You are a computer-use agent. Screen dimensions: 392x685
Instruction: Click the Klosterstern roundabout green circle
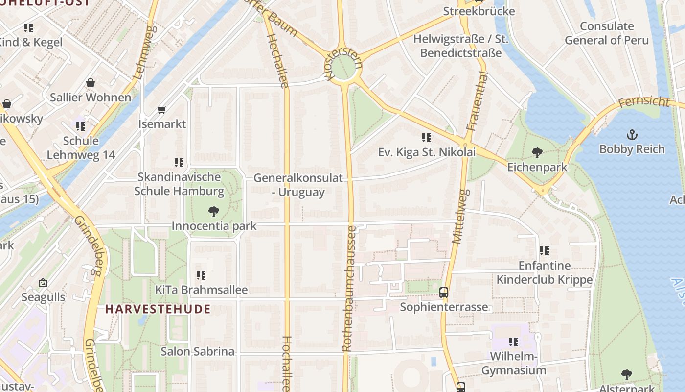(344, 68)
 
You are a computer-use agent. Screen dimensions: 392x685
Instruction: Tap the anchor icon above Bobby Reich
(632, 134)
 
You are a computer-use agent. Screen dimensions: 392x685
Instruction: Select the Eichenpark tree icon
(537, 152)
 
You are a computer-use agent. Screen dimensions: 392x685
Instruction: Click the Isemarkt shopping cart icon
(162, 110)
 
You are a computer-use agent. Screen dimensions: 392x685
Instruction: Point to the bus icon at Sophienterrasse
(444, 293)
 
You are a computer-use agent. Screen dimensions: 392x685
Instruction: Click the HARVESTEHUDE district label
(158, 309)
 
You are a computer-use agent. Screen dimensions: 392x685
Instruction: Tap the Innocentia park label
(214, 226)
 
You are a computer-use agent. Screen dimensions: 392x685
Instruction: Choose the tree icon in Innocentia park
(213, 212)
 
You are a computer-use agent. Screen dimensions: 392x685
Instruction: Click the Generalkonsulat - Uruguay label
(298, 185)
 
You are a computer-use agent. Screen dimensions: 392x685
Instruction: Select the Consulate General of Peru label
(607, 33)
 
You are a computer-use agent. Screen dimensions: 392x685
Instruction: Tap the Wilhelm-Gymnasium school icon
(513, 342)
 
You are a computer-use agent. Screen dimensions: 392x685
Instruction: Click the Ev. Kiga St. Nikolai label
(427, 152)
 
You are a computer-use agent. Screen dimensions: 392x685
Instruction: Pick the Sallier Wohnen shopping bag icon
(91, 83)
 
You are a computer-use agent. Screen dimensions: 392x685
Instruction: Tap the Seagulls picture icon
(43, 283)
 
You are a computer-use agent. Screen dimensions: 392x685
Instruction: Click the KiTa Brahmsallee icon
(201, 275)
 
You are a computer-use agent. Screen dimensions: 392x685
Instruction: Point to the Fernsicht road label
(643, 102)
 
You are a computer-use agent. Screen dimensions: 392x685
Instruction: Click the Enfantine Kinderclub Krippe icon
(545, 251)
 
